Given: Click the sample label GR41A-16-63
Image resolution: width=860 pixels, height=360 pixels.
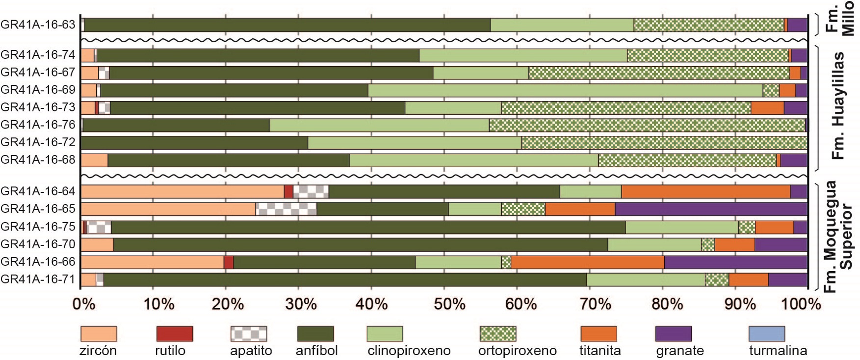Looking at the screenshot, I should pos(38,25).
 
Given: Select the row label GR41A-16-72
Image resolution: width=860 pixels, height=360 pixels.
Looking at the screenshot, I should pos(38,142).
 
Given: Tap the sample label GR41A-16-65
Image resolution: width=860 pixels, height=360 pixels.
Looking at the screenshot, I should pos(38,209).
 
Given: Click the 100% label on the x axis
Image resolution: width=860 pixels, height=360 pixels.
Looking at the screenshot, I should pos(803,304).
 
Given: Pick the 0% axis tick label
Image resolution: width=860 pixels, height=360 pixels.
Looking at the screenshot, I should pos(83,304).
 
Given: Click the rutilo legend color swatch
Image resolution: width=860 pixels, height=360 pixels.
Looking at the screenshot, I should pos(175,334).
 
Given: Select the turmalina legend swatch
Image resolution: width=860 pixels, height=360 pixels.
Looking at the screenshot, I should pos(767,334).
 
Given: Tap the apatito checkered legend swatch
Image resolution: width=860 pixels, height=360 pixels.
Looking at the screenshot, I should pos(249,334).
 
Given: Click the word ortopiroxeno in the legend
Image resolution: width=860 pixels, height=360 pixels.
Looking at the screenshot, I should pos(517,351).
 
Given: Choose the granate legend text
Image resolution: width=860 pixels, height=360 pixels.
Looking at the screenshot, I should pos(679,351).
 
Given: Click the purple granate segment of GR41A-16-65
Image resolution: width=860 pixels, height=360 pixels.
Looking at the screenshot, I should pos(711,209).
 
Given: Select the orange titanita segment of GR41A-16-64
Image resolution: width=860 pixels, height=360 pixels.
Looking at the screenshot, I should pos(705,191).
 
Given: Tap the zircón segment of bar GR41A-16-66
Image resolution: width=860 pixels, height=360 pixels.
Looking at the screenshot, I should pos(152,262).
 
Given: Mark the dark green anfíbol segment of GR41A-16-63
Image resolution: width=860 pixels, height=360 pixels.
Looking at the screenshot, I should pos(287,25).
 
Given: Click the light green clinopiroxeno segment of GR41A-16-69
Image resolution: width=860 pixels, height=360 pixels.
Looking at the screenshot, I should pos(565,90).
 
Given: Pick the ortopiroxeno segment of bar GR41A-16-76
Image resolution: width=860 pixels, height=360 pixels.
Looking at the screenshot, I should pos(647,125).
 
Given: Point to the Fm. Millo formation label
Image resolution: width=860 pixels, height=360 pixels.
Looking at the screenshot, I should pos(840,19).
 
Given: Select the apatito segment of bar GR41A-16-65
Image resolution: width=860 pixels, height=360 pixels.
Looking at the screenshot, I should pos(286,209).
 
